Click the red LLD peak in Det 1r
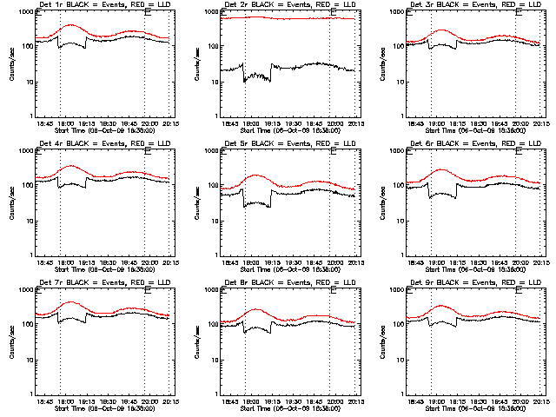[71, 26]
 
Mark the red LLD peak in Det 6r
[441, 169]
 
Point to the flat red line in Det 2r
[287, 17]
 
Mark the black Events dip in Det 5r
[256, 204]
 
